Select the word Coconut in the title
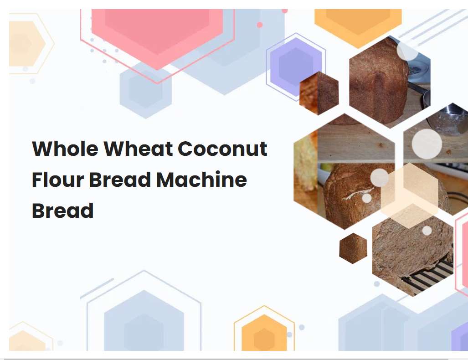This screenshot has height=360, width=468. click(222, 149)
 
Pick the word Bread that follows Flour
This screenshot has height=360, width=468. click(120, 180)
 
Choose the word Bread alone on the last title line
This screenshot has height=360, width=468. click(62, 211)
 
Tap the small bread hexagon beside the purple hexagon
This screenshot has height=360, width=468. click(319, 93)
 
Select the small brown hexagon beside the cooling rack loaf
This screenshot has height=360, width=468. click(353, 248)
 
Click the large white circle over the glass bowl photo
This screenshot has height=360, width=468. click(427, 144)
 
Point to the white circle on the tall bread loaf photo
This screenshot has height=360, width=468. click(407, 51)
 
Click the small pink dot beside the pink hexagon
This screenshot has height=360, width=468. click(260, 25)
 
